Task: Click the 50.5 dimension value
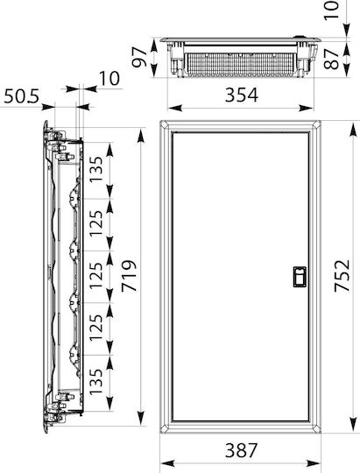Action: (x=21, y=96)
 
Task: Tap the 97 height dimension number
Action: (x=139, y=58)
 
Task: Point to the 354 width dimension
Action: (x=242, y=95)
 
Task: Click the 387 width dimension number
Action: (x=242, y=450)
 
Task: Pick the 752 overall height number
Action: (x=342, y=276)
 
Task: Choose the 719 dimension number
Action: (x=129, y=276)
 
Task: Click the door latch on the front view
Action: (x=300, y=277)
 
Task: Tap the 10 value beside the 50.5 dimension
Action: (x=109, y=79)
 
